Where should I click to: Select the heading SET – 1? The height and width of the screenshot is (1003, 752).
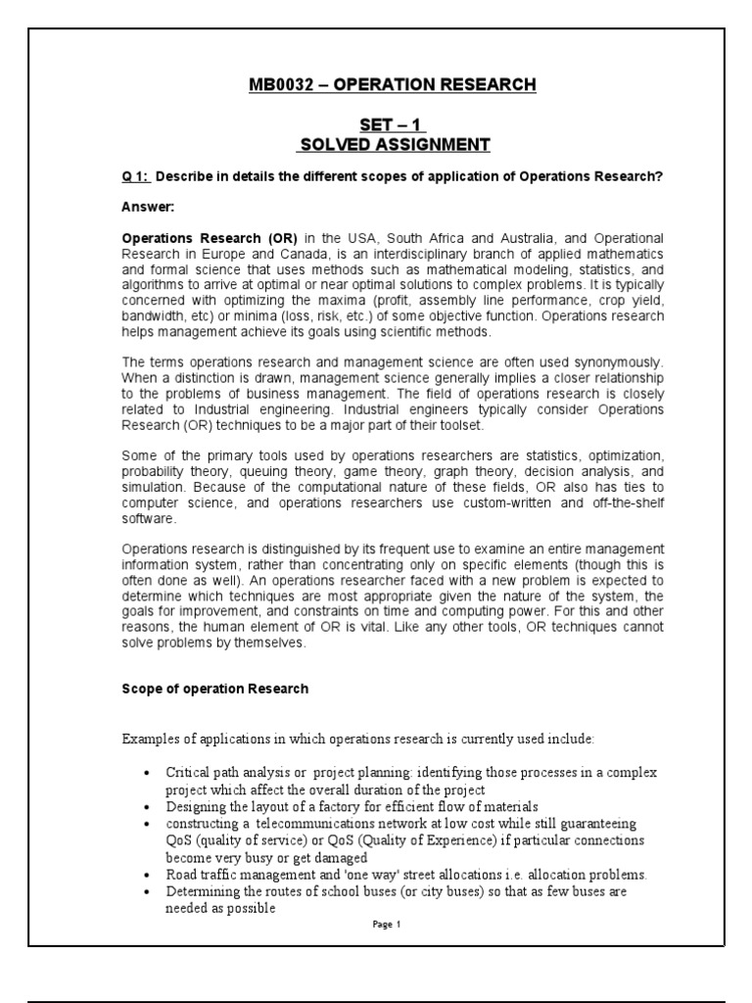click(391, 124)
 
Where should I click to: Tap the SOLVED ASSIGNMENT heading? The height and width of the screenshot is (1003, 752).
click(393, 145)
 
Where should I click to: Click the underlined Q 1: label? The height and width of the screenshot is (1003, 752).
click(135, 175)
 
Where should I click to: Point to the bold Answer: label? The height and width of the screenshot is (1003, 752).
click(148, 207)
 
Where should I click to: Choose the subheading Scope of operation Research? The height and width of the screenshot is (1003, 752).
click(214, 689)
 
